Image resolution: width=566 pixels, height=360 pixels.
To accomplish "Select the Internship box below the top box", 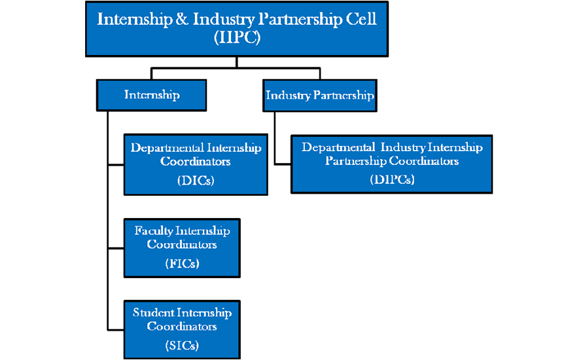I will pos(152,95).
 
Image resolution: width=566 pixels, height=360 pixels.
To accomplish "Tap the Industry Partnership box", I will pos(319,96).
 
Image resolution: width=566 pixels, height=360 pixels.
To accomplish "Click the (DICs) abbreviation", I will pos(196,181).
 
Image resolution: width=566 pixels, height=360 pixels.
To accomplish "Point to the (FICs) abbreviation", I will pos(182,264).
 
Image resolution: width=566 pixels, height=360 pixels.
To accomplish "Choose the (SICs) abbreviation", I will pos(182,345).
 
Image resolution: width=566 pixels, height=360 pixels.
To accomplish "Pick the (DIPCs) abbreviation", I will pos(392,179).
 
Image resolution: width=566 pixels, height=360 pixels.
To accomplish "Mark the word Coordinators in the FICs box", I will pos(182,245).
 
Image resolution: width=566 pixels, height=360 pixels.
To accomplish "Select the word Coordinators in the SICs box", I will pos(182,326).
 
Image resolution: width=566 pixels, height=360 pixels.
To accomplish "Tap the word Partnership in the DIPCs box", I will pos(355,161).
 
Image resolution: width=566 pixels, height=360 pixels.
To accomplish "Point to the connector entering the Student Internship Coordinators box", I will pos(116,329).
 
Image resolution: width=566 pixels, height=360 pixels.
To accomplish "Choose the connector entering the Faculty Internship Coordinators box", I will pos(116,248).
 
